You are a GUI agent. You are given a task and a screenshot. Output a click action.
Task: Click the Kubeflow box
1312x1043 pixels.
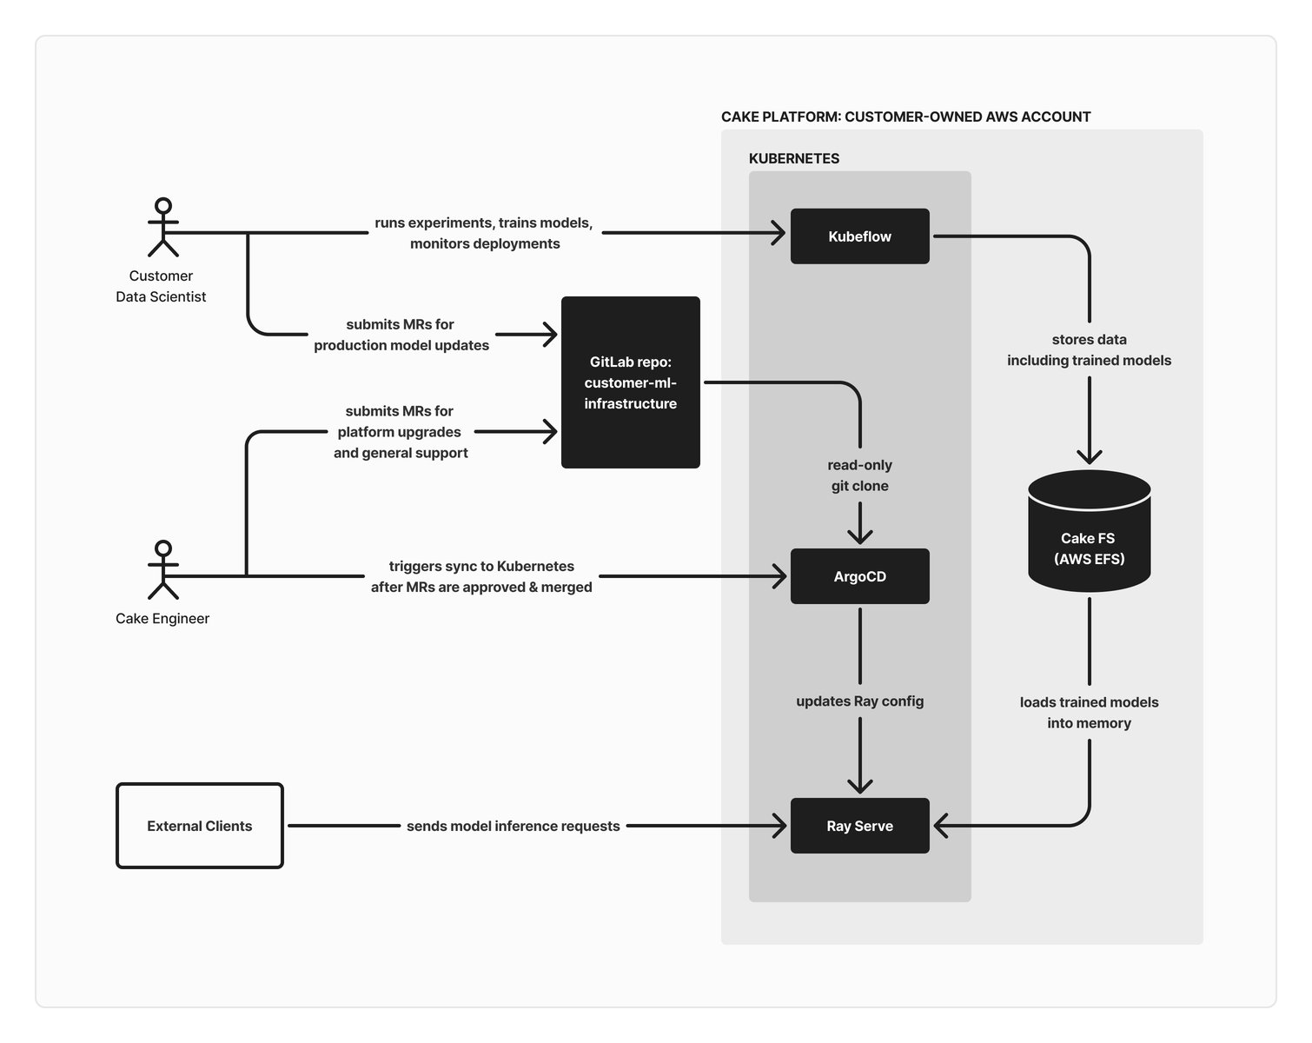[859, 236]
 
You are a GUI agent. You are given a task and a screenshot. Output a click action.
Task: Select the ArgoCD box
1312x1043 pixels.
[859, 576]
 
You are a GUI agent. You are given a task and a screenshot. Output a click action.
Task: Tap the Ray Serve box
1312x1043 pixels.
[859, 826]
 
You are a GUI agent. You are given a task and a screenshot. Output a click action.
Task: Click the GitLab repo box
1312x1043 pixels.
[630, 382]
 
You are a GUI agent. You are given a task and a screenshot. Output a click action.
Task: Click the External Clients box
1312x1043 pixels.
[200, 826]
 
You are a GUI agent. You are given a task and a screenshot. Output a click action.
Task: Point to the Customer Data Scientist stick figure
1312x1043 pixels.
[162, 228]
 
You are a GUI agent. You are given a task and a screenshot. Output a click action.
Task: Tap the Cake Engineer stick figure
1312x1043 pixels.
[162, 570]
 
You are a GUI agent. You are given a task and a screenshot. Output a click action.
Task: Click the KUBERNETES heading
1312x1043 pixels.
[794, 158]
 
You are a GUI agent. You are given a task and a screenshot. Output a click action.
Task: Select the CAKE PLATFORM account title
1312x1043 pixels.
[905, 116]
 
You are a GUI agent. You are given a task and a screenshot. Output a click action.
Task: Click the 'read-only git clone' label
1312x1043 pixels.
[859, 475]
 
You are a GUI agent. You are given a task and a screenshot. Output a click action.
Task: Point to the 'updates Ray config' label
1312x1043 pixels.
[859, 701]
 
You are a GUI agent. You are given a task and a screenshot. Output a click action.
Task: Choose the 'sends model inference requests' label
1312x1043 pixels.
[513, 826]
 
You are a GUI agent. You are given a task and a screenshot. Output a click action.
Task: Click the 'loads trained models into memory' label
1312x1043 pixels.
[1089, 713]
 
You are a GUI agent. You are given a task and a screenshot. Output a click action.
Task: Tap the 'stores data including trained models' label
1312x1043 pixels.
[1089, 350]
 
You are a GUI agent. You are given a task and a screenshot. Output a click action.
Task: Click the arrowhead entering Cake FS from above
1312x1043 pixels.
[1089, 456]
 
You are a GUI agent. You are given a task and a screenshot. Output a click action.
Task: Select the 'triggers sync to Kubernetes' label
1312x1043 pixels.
[481, 576]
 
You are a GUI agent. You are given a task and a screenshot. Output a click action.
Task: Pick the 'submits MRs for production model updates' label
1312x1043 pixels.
[401, 335]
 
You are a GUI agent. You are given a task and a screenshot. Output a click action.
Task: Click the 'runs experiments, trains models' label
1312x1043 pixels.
[484, 233]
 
